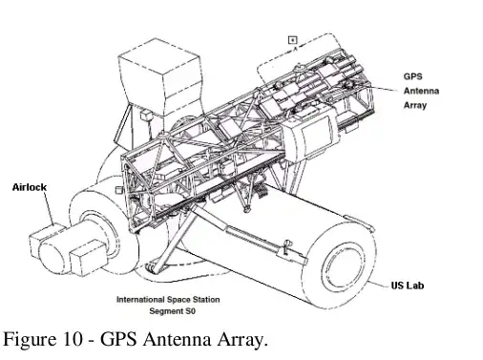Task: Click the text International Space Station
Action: [x=168, y=299]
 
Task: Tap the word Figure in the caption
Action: [x=35, y=338]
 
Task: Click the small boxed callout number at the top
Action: [x=293, y=39]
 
